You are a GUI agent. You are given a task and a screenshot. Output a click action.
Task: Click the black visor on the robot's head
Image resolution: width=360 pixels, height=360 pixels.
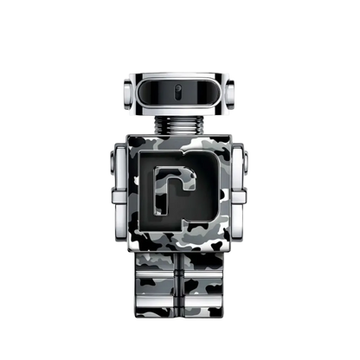point(180,91)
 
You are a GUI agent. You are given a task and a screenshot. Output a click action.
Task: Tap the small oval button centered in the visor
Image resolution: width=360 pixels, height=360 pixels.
point(180,91)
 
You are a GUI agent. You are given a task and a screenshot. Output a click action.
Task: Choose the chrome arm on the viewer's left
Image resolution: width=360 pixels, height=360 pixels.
point(120,186)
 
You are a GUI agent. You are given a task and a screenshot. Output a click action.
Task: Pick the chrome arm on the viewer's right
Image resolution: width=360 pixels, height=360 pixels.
point(240,186)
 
